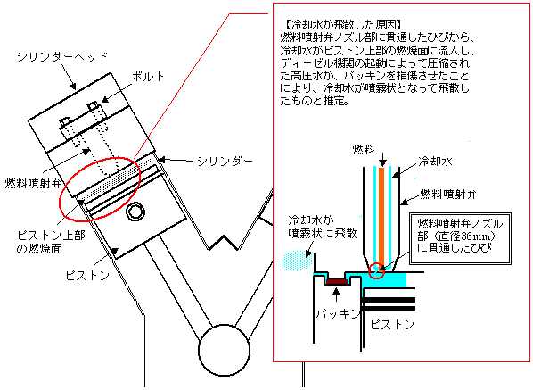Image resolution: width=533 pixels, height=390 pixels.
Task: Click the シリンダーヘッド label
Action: point(62,56)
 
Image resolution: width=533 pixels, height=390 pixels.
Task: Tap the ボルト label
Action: point(149,77)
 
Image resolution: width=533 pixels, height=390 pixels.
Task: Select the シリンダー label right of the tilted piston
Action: point(225,161)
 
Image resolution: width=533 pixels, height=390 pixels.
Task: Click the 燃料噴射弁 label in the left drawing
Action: point(33,184)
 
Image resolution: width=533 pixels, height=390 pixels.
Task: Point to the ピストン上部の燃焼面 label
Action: point(51,241)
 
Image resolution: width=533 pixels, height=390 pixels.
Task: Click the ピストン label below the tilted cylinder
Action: point(87,275)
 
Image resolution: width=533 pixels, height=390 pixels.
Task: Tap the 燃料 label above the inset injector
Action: point(364,149)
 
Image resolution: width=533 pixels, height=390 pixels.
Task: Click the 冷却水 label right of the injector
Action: point(435,161)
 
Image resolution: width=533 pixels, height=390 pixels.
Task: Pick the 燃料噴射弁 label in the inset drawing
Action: point(448,194)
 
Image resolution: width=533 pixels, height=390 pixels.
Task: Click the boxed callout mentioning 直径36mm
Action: point(461,238)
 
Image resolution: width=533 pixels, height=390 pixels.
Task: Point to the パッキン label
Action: point(338,313)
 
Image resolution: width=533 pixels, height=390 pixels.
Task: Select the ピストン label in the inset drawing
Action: point(392,324)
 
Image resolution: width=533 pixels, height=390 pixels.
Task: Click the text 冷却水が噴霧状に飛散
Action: point(323,227)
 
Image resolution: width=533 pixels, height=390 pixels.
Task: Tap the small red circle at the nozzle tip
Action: point(377,270)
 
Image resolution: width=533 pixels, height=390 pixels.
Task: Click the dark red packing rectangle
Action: point(337,281)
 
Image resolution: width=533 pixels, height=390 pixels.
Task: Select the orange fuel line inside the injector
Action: point(381,217)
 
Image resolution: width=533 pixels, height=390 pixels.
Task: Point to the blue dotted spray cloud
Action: point(294,261)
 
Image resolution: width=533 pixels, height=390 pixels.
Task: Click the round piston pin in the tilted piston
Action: point(136,212)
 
